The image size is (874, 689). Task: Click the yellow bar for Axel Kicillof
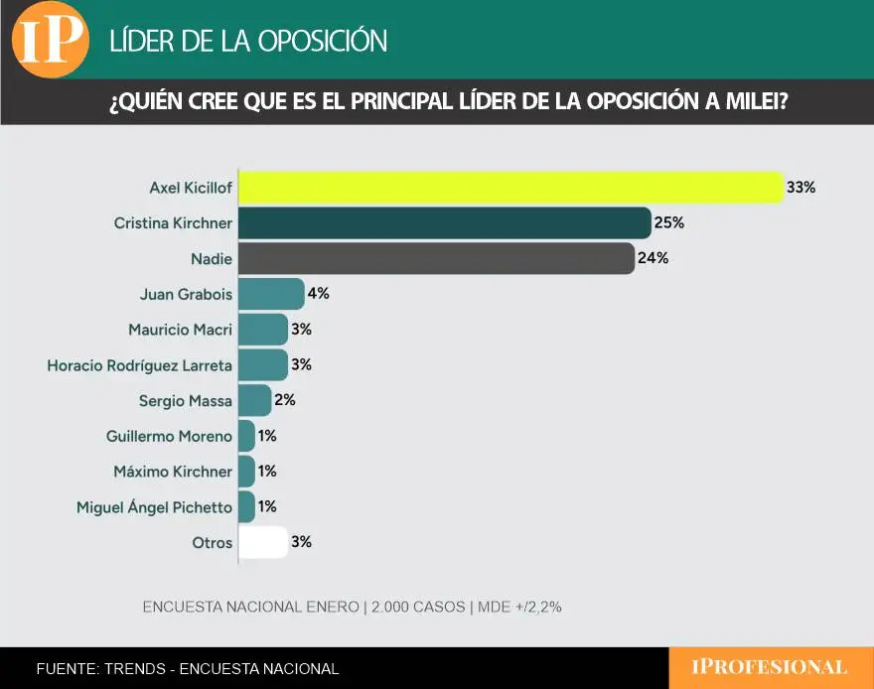pos(510,187)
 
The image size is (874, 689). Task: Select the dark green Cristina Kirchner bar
pos(444,223)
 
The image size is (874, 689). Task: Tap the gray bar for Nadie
pos(436,259)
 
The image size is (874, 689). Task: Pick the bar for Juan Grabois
pos(271,294)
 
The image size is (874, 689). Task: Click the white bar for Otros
pos(263,542)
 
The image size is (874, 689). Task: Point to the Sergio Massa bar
pos(255,401)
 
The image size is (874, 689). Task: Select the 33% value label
pos(801,187)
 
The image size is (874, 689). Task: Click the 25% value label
pos(669,223)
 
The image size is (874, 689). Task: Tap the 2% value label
pos(285,401)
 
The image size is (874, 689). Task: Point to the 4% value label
pos(318,294)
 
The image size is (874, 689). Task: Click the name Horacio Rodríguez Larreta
pos(139,365)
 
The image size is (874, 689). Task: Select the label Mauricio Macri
pos(180,330)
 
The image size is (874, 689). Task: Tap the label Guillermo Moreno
pos(169,436)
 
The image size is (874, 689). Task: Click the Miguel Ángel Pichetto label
pos(154,507)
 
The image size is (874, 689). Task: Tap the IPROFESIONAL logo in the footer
pos(770,668)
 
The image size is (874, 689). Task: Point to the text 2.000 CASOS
pos(418,607)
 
